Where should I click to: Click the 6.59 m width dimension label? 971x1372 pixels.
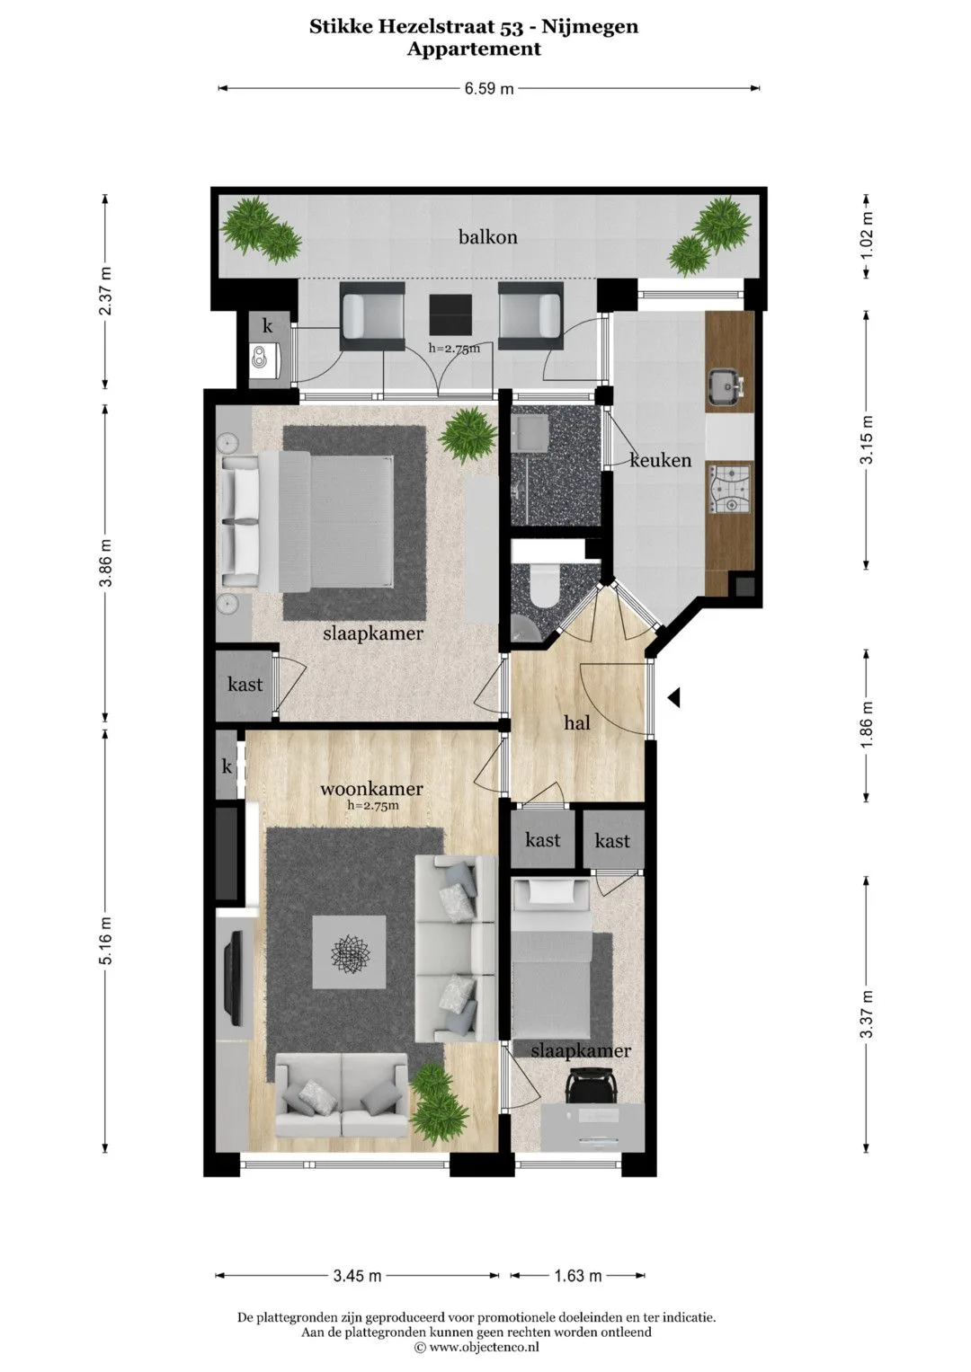click(x=488, y=88)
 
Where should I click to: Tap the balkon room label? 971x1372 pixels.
click(x=488, y=237)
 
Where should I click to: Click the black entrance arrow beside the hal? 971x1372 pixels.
click(x=673, y=697)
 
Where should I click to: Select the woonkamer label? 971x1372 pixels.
click(x=371, y=789)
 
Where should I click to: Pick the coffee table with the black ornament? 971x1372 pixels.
click(x=349, y=952)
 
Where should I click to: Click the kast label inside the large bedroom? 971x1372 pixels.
click(x=245, y=684)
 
